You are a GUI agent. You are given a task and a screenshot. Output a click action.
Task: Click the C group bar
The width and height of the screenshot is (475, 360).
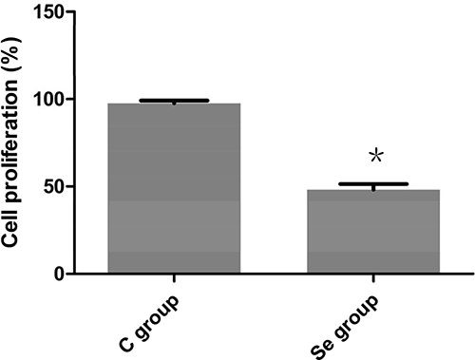[174, 188]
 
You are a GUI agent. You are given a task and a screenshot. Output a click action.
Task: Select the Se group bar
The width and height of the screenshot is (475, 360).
[373, 231]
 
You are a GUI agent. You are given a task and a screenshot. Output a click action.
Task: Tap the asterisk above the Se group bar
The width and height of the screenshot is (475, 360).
[376, 156]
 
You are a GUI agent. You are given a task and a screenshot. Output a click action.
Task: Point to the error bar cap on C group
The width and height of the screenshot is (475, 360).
[174, 101]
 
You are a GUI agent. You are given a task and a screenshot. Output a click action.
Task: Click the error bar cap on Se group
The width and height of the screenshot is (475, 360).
[373, 184]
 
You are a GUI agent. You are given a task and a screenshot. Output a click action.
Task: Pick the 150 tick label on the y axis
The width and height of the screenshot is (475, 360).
[48, 12]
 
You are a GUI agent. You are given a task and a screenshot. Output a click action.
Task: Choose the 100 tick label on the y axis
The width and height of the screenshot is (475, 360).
[48, 100]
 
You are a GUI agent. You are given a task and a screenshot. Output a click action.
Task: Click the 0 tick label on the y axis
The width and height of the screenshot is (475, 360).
[59, 275]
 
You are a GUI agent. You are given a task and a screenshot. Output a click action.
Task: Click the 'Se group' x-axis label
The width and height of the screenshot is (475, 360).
[344, 326]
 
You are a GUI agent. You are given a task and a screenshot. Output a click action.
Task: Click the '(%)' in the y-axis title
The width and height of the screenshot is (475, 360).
[11, 55]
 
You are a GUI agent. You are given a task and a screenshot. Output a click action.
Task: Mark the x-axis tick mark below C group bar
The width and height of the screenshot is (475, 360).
[174, 277]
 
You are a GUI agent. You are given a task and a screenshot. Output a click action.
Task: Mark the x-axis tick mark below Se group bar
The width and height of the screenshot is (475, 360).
[373, 277]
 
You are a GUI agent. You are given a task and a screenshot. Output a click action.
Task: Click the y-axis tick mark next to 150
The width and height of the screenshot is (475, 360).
[70, 11]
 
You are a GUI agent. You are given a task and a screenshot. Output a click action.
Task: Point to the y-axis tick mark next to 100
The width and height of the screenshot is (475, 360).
[70, 99]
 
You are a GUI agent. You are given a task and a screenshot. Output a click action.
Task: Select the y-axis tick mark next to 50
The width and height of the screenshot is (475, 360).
[70, 186]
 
